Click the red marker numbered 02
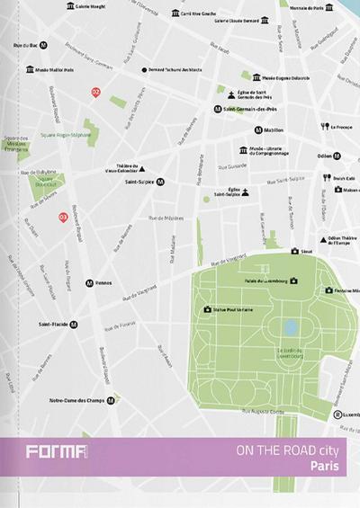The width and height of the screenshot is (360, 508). coord(96,92)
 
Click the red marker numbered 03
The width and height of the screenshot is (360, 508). coord(63,217)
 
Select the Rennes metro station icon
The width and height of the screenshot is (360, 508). coord(89,282)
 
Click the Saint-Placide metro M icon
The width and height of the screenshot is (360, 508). coord(74,325)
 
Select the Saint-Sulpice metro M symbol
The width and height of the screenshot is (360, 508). coord(160,182)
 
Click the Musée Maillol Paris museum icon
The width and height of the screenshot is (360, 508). coord(31,69)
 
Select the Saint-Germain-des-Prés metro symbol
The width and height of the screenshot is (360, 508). coord(218,109)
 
